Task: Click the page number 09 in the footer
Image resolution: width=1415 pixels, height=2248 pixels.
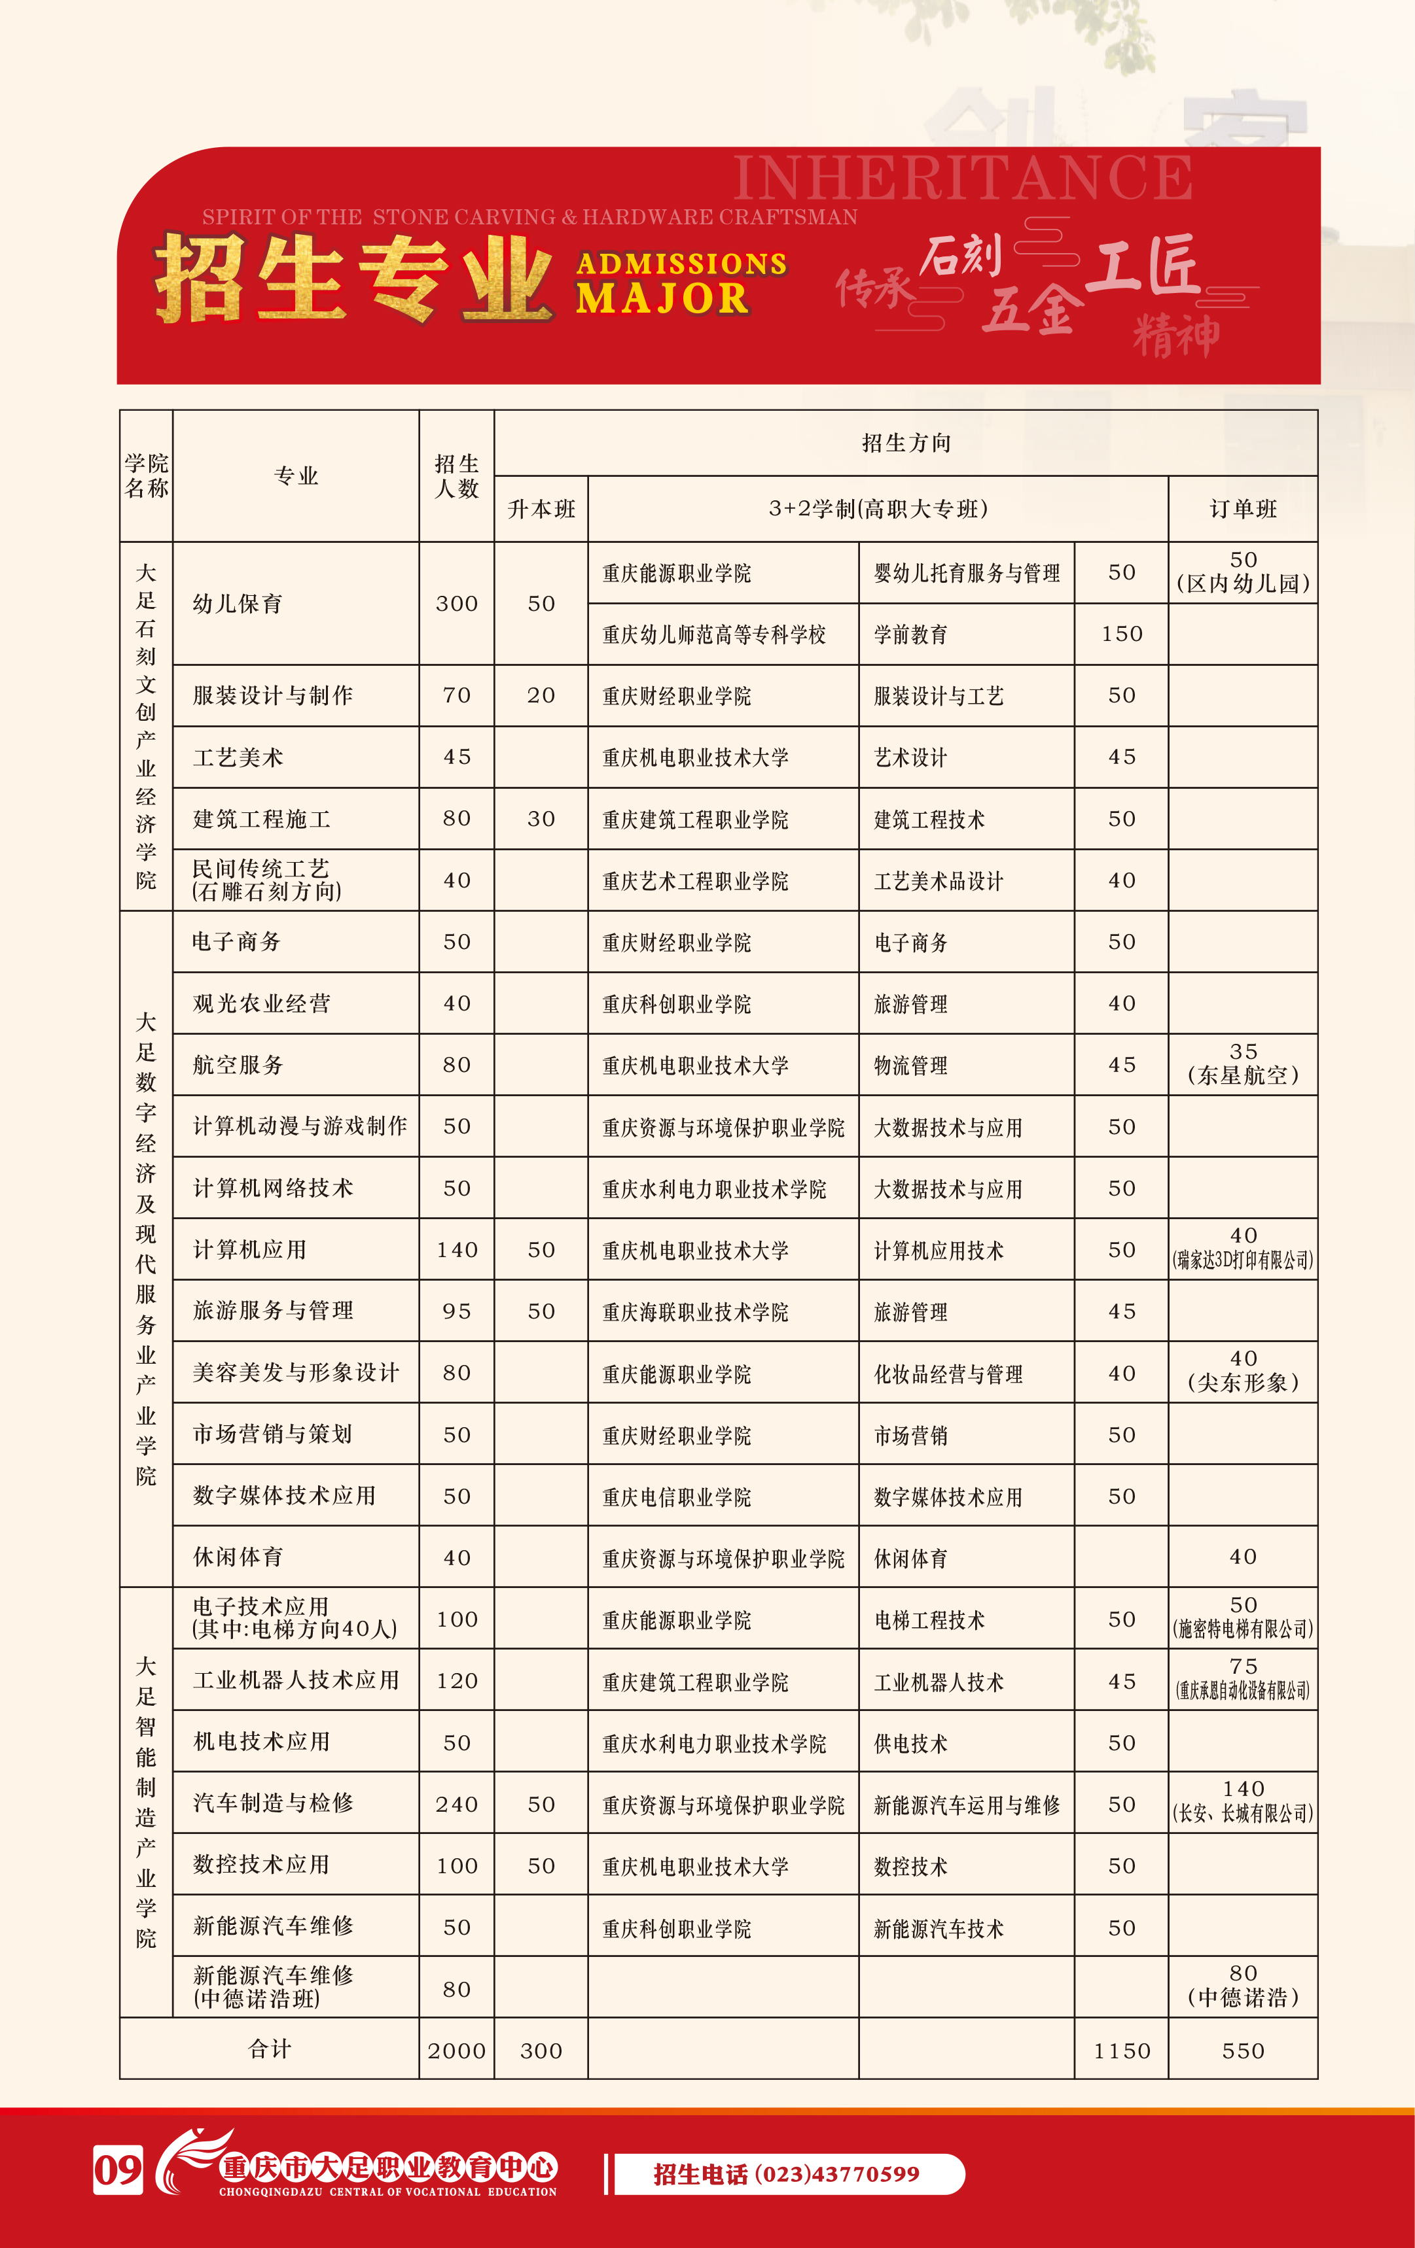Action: (x=118, y=2171)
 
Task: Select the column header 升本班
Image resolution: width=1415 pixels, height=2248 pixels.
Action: (x=541, y=509)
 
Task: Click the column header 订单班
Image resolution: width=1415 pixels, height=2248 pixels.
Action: (x=1242, y=509)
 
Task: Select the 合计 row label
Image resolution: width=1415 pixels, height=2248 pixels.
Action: (x=269, y=2049)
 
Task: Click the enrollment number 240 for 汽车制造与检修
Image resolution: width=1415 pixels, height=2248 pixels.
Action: (x=457, y=1805)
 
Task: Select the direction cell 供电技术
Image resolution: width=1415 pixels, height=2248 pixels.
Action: (x=910, y=1744)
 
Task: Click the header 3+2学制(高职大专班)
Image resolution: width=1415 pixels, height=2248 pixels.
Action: (x=877, y=509)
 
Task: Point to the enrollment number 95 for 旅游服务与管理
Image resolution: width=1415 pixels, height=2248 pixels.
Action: (x=457, y=1311)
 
